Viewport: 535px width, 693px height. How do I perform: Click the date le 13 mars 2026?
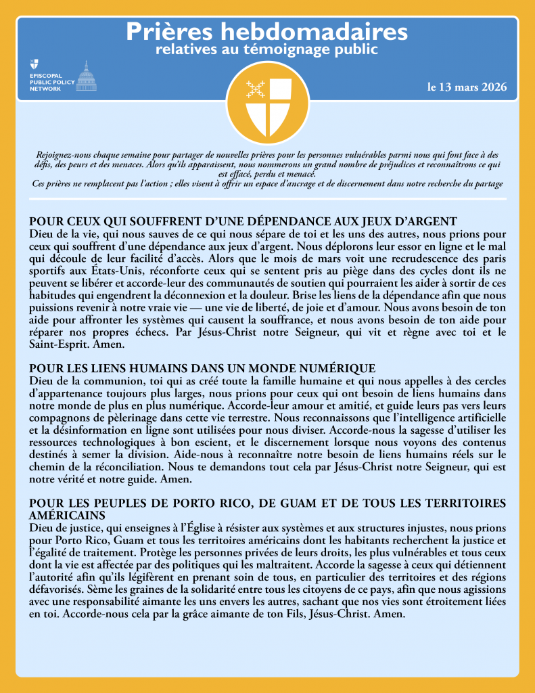pyautogui.click(x=467, y=88)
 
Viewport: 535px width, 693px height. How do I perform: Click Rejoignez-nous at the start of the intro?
pyautogui.click(x=62, y=156)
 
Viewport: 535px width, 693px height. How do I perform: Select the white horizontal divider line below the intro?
pyautogui.click(x=267, y=199)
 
